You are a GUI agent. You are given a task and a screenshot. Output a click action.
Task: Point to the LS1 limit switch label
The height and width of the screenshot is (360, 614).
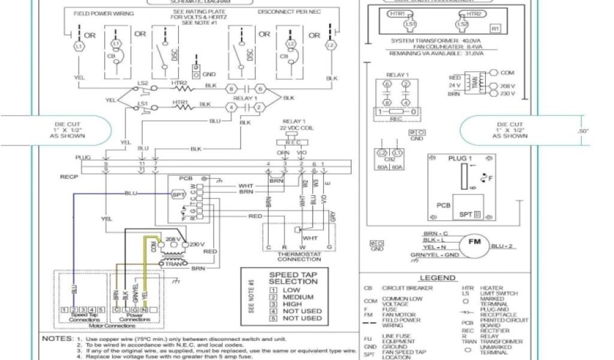click(x=143, y=103)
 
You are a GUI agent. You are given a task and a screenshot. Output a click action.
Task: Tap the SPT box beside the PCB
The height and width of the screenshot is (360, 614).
click(x=178, y=194)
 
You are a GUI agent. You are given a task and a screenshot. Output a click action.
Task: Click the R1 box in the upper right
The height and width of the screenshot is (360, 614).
click(x=495, y=28)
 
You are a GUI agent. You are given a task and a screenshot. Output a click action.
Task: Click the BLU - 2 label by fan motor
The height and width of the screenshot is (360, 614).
click(x=502, y=246)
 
